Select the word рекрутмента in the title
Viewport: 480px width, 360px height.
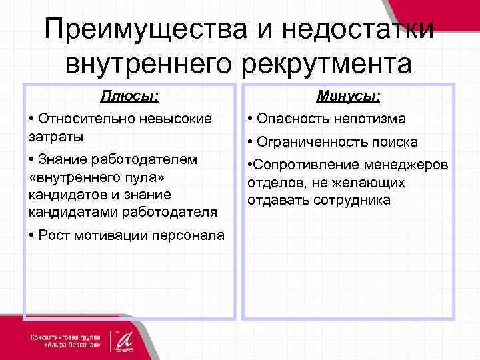point(327,64)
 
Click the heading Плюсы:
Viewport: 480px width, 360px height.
point(129,97)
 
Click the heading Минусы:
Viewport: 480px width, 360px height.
point(349,97)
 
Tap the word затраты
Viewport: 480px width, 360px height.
point(57,136)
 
